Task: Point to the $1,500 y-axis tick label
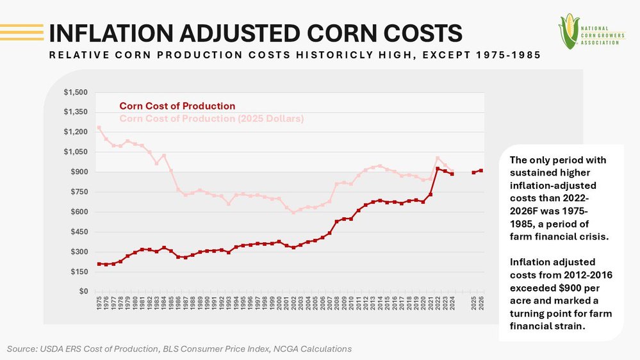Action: pyautogui.click(x=76, y=92)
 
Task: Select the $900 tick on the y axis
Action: pyautogui.click(x=79, y=172)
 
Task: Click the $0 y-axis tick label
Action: pyautogui.click(x=84, y=291)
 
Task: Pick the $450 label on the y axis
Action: pyautogui.click(x=79, y=232)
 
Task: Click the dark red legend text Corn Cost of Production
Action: pyautogui.click(x=177, y=106)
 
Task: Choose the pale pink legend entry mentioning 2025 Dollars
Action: pyautogui.click(x=211, y=119)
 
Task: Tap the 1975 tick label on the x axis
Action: pyautogui.click(x=99, y=304)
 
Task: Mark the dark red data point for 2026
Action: pyautogui.click(x=481, y=170)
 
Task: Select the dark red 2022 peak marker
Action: pyautogui.click(x=437, y=168)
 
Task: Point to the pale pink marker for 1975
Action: pyautogui.click(x=99, y=127)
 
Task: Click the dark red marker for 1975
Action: pyautogui.click(x=99, y=264)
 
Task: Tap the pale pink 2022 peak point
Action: pyautogui.click(x=437, y=158)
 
